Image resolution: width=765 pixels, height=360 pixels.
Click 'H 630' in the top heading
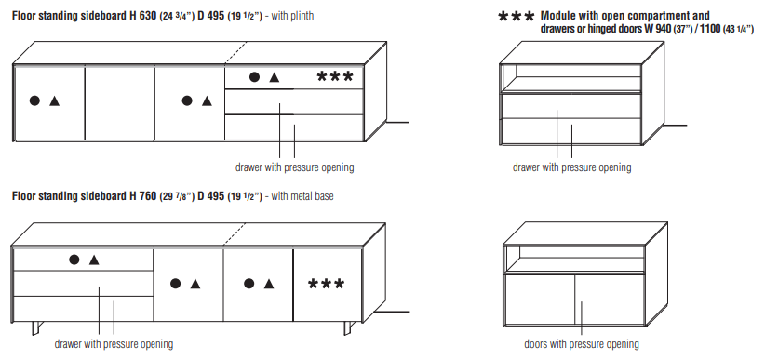click(143, 16)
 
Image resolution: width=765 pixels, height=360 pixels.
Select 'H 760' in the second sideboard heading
click(143, 196)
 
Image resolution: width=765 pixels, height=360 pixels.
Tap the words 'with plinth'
click(292, 16)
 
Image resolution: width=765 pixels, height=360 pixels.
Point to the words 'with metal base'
click(302, 196)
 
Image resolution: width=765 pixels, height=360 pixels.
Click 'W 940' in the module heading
click(657, 29)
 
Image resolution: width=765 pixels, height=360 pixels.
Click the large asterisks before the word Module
click(517, 18)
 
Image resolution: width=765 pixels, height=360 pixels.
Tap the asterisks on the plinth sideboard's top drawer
click(335, 76)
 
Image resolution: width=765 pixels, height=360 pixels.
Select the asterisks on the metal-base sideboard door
click(326, 284)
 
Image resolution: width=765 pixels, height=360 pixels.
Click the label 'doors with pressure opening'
click(582, 344)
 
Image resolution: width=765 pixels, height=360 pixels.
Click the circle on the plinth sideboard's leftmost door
click(34, 100)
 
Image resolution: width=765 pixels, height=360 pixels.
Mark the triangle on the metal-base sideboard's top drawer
click(94, 260)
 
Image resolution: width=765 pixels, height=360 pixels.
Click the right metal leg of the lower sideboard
click(348, 327)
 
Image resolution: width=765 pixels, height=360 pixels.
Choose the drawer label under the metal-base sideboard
click(114, 344)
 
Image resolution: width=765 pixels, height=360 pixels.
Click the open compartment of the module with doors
click(574, 259)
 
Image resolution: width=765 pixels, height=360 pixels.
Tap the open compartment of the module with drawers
click(571, 77)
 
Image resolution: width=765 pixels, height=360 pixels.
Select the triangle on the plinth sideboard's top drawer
click(275, 77)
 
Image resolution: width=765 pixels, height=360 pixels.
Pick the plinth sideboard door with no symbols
click(120, 103)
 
